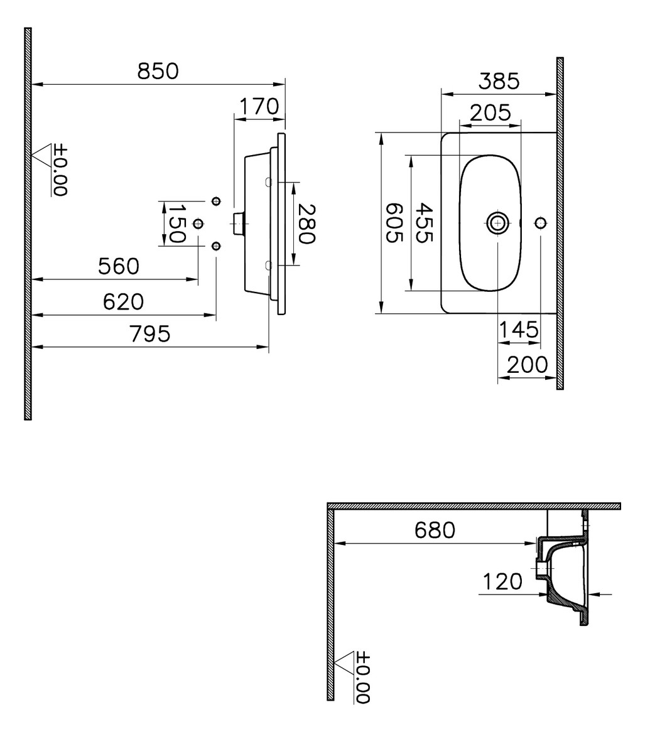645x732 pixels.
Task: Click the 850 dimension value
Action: coord(158,72)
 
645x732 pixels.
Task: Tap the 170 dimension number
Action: coord(258,107)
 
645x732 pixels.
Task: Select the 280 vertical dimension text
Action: coord(306,223)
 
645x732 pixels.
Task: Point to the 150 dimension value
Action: coord(176,223)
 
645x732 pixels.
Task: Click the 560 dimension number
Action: coord(119,267)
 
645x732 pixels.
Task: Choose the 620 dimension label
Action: coord(124,302)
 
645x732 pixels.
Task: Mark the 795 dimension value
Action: coord(150,334)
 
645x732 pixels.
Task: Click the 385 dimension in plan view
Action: coord(499,82)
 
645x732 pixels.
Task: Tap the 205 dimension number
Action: coord(491,113)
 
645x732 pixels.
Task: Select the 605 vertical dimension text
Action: coord(394,223)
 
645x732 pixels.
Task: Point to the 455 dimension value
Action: coord(425,223)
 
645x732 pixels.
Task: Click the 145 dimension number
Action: coord(519,329)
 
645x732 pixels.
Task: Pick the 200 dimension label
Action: coord(528,365)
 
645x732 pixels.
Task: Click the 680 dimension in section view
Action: coord(435,530)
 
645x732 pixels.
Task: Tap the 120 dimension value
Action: coord(502,582)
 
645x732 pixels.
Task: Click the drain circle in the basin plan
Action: coord(497,222)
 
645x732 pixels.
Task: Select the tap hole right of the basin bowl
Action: coord(540,222)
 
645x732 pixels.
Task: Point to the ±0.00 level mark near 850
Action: coord(60,171)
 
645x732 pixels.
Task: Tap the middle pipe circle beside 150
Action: coord(198,223)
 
